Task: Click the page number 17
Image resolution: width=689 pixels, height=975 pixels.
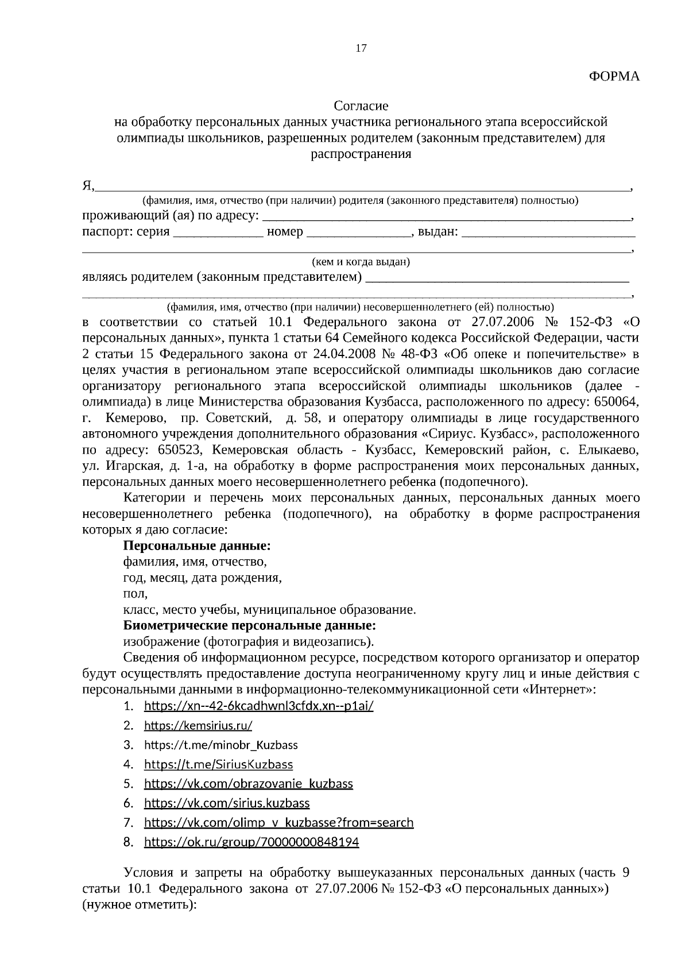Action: coord(361,48)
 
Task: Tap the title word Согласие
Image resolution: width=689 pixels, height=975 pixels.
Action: coord(361,106)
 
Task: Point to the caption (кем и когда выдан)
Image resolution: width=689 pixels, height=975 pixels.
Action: coord(361,262)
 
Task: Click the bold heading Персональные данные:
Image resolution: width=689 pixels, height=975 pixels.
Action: coord(197,545)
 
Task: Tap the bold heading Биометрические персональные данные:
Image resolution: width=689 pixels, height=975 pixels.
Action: coord(250,625)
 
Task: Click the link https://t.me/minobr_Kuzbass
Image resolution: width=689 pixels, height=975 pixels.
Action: coord(220,745)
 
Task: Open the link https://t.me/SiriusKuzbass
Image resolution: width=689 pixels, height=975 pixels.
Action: coord(218,764)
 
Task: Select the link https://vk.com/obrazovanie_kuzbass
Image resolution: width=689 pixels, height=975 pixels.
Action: coord(248,784)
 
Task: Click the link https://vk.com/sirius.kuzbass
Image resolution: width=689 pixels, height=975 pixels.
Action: coord(227,803)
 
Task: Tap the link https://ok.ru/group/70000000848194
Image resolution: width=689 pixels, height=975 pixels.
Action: coord(251,842)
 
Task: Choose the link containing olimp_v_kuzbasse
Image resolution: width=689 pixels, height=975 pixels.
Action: coord(278,822)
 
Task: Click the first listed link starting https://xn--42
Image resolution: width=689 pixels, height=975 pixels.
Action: coord(258,706)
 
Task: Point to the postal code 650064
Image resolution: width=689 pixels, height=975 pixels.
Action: coord(617,401)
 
